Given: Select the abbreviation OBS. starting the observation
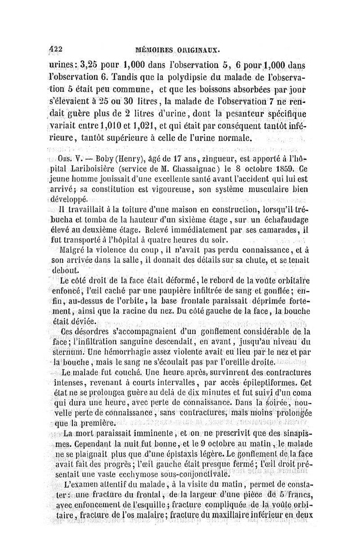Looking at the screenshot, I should pos(66,158).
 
